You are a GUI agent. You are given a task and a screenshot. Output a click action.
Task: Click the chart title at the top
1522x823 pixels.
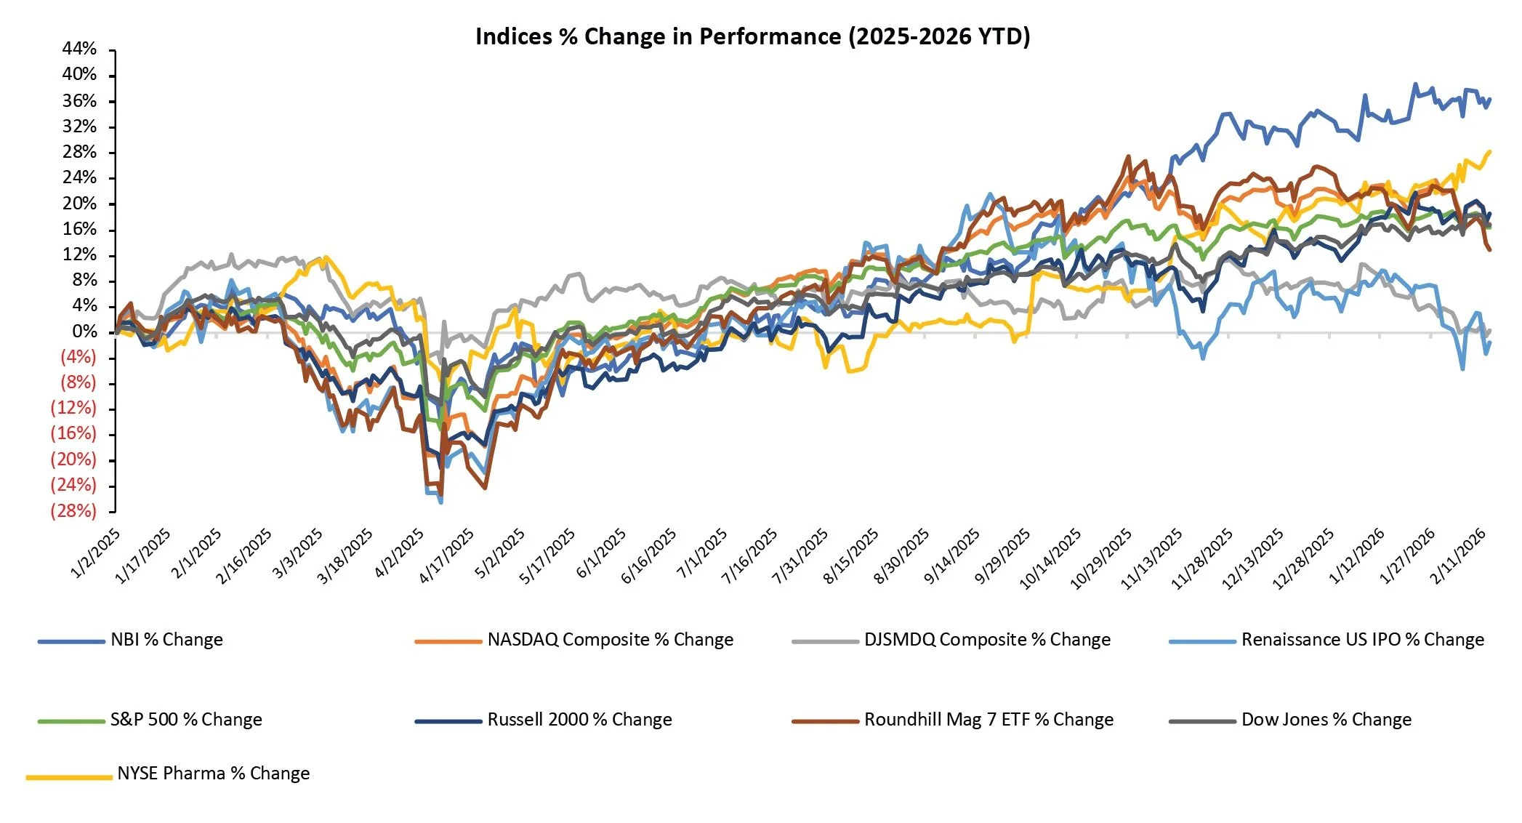point(752,36)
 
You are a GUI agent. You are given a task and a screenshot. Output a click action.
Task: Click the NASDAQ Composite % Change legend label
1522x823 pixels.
point(610,640)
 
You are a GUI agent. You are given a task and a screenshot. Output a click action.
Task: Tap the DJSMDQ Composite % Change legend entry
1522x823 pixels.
point(987,640)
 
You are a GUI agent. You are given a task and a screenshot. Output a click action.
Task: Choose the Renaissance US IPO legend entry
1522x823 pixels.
point(1362,640)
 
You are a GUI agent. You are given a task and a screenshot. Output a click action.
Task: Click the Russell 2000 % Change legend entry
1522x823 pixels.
point(579,720)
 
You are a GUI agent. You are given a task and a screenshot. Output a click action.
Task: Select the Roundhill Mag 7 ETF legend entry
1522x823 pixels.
point(989,720)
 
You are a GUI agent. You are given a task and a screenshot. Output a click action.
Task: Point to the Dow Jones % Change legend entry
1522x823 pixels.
point(1326,720)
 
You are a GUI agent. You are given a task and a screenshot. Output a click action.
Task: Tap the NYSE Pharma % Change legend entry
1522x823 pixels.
point(213,774)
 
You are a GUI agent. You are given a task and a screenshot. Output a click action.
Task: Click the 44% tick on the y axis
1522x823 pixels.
point(79,49)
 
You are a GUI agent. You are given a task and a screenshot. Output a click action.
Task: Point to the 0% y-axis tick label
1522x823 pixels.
point(84,332)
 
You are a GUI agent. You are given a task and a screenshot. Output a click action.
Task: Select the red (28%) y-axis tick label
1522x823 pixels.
point(73,510)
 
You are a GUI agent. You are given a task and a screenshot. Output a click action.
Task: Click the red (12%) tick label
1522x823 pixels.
point(73,408)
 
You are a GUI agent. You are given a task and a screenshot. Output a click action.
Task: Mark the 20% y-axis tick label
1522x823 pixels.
point(79,204)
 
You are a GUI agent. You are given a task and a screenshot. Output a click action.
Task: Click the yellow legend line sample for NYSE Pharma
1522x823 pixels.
point(69,777)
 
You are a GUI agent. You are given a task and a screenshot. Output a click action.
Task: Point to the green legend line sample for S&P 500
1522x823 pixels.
point(71,721)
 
